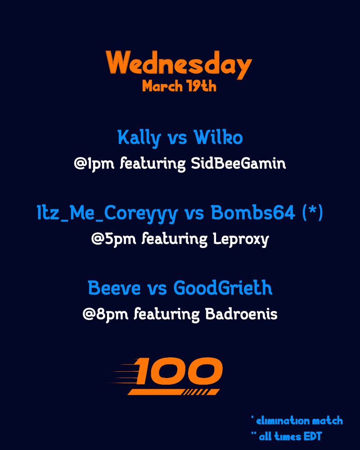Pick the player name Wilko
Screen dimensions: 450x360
click(x=218, y=138)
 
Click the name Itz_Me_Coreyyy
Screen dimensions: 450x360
click(x=108, y=214)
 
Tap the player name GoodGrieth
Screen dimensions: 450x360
click(x=223, y=288)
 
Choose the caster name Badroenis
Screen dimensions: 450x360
click(x=241, y=314)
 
